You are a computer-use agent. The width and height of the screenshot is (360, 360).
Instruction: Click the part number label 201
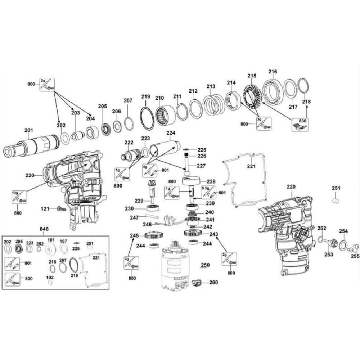tap(28, 130)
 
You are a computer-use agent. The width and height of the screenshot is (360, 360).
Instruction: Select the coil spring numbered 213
tap(213, 105)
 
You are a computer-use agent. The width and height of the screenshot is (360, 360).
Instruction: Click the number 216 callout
tap(273, 72)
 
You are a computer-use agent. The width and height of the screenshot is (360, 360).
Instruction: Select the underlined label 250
tap(205, 265)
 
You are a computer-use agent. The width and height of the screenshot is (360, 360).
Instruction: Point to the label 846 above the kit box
tap(44, 229)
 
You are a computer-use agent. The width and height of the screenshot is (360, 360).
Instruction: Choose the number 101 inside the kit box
tap(51, 240)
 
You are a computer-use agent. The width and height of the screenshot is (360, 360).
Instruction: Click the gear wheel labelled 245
tap(153, 236)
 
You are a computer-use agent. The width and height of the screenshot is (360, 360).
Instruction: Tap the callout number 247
tap(134, 217)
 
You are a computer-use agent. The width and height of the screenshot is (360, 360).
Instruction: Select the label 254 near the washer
tap(343, 231)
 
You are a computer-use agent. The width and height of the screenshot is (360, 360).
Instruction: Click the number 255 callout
tap(355, 256)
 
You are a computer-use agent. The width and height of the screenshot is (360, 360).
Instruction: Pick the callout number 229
tap(139, 200)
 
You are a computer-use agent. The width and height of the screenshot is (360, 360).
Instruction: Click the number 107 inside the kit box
tap(63, 240)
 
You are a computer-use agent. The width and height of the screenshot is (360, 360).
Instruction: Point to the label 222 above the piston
tap(129, 143)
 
